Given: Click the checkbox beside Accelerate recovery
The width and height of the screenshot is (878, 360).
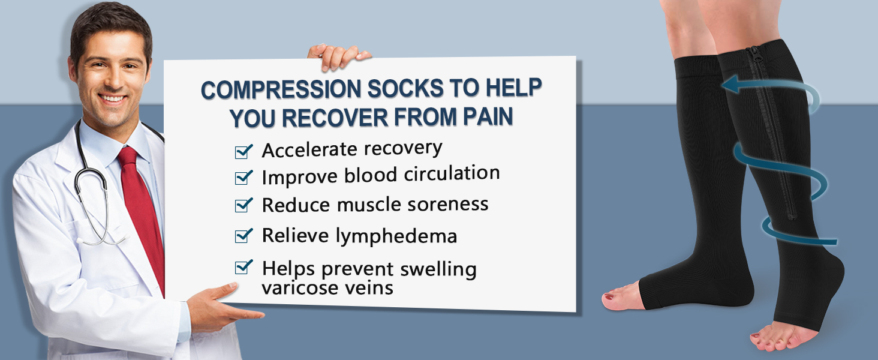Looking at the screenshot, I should click(243, 152).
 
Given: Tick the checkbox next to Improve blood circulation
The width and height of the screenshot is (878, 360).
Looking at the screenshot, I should click(243, 178).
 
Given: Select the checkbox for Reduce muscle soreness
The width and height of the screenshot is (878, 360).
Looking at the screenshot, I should click(243, 205).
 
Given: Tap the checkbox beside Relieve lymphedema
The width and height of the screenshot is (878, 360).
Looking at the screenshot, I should click(243, 236).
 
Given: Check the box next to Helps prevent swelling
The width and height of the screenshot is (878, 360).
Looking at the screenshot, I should click(243, 267).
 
